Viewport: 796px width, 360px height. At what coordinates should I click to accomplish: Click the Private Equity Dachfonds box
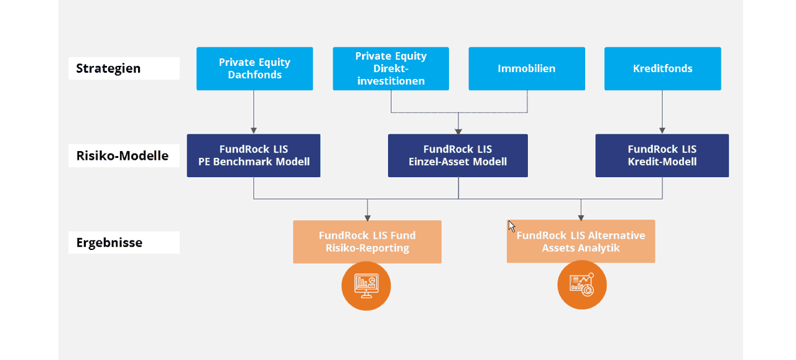pyautogui.click(x=255, y=68)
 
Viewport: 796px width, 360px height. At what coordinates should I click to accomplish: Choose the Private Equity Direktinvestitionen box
pyautogui.click(x=391, y=68)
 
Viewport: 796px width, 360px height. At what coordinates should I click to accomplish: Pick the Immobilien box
pyautogui.click(x=527, y=68)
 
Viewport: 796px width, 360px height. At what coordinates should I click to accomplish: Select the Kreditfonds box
pyautogui.click(x=663, y=68)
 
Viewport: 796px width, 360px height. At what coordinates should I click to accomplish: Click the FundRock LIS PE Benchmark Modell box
pyautogui.click(x=254, y=155)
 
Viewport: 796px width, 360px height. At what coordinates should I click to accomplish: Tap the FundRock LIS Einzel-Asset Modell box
pyautogui.click(x=458, y=155)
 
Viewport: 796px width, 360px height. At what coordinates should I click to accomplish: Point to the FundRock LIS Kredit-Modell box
pyautogui.click(x=662, y=155)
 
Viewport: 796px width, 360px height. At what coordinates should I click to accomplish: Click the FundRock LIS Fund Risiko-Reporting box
pyautogui.click(x=367, y=242)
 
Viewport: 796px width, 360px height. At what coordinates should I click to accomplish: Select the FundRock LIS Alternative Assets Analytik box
pyautogui.click(x=581, y=241)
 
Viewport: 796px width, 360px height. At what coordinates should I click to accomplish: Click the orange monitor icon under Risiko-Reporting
pyautogui.click(x=366, y=286)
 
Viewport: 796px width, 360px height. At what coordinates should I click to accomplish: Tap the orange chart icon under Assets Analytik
pyautogui.click(x=582, y=285)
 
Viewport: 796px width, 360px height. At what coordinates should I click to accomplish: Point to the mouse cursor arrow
pyautogui.click(x=511, y=226)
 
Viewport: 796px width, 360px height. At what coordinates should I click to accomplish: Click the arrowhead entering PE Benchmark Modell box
pyautogui.click(x=254, y=131)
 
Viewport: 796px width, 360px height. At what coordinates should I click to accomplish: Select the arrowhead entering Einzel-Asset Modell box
pyautogui.click(x=458, y=131)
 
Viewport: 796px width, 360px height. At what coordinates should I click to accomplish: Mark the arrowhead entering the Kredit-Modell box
pyautogui.click(x=662, y=131)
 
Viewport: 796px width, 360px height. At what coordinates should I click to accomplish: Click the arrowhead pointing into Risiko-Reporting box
pyautogui.click(x=368, y=218)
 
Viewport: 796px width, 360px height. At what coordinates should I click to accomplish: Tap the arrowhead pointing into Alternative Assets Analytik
pyautogui.click(x=581, y=217)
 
